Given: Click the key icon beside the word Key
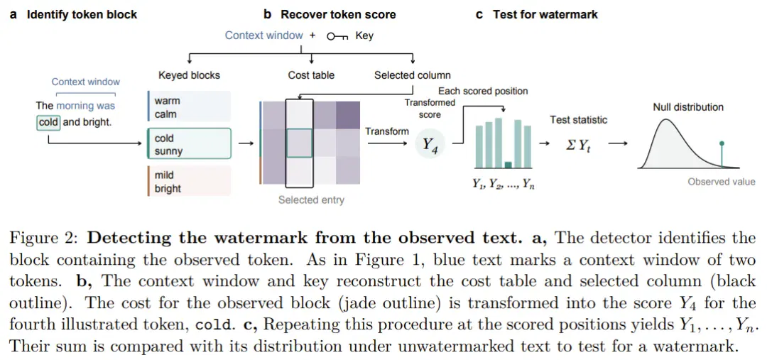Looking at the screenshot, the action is (337, 37).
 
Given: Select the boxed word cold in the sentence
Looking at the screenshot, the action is (48, 122).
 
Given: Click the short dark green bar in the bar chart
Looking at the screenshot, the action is (508, 165).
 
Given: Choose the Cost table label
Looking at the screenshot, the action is (311, 75).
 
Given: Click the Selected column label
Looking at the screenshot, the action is (413, 75).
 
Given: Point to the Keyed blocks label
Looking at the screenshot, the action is (190, 75).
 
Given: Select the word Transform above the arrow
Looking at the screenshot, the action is (387, 131).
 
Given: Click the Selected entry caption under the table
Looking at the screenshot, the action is (311, 200).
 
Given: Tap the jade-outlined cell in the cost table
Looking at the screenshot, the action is (298, 143).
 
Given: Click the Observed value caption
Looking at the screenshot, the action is (722, 182).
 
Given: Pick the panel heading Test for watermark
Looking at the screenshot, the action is (545, 15).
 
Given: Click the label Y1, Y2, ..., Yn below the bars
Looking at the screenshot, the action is (502, 184).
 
